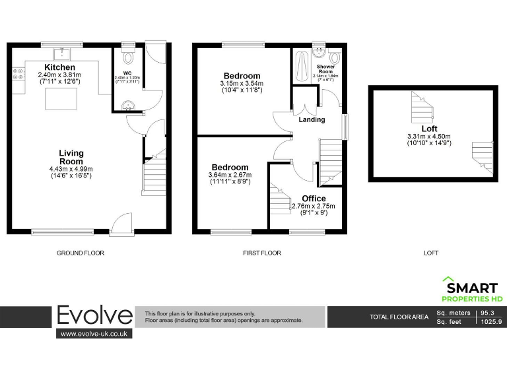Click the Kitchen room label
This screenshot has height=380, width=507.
point(59,67)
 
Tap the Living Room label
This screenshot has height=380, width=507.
point(71,157)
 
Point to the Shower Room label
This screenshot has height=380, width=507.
point(325,69)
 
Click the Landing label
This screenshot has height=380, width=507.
point(312,119)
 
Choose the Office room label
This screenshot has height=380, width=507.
point(314,199)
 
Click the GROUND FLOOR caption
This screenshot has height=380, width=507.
point(81,253)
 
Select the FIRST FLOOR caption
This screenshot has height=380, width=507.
point(262,253)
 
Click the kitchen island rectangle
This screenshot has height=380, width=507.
point(61,99)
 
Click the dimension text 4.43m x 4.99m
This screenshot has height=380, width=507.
point(71,169)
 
